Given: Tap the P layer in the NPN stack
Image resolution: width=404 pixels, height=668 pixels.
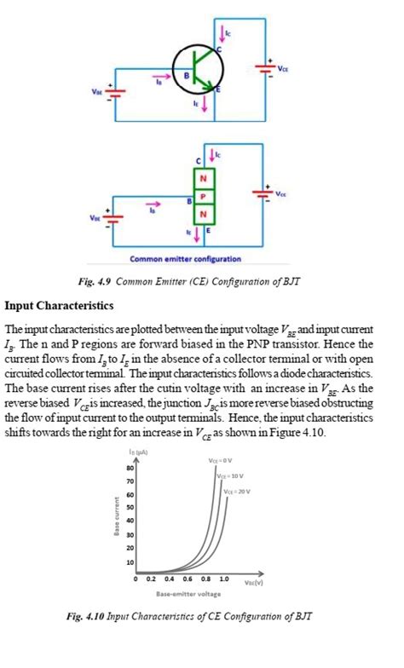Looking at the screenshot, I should coord(203,196).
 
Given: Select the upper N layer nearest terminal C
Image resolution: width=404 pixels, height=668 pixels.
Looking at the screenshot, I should coord(203,179).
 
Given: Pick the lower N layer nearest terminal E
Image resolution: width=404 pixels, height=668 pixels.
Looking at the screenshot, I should coord(203,212).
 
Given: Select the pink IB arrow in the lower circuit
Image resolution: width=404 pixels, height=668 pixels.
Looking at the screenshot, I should coord(153,204).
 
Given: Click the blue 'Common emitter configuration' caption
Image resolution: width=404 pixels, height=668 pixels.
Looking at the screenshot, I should coord(185,259).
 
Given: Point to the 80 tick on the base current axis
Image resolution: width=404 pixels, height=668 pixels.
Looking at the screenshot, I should coord(130,469).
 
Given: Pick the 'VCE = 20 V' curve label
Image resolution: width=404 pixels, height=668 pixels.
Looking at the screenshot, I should coord(239,492).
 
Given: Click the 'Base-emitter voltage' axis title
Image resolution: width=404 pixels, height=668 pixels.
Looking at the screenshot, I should coord(188,593).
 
